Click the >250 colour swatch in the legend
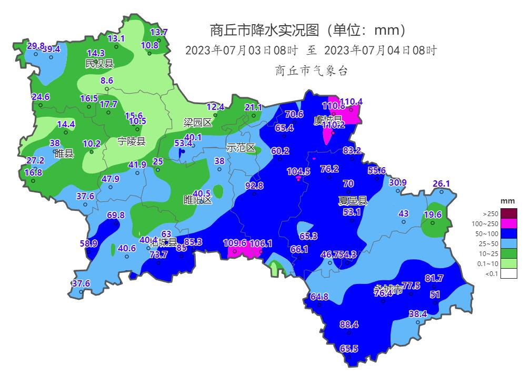508,213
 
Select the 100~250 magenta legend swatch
508,223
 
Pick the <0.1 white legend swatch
508,273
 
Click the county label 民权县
99,64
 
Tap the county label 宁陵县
131,141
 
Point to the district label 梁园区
197,123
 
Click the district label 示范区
241,148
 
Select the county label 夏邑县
352,200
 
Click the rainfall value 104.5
298,171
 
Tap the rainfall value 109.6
235,243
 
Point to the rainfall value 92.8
254,186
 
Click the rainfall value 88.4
349,324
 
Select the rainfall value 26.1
442,184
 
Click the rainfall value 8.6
107,80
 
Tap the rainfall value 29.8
35,46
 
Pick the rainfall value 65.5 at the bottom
349,349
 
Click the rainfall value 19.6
433,215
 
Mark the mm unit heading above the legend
507,201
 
